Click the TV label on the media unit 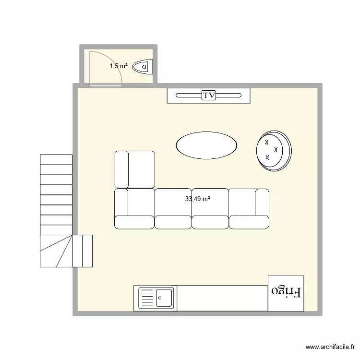point(209,96)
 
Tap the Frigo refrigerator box point(286,293)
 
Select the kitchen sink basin point(165,298)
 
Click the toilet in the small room point(143,66)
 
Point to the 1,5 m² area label point(119,66)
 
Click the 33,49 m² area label point(198,199)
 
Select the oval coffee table point(206,144)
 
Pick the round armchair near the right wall point(273,150)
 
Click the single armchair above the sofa point(135,169)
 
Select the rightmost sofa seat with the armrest point(249,208)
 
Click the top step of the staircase point(56,159)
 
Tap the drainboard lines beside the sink point(147,298)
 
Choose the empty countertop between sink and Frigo point(222,298)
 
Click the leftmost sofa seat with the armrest point(134,208)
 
